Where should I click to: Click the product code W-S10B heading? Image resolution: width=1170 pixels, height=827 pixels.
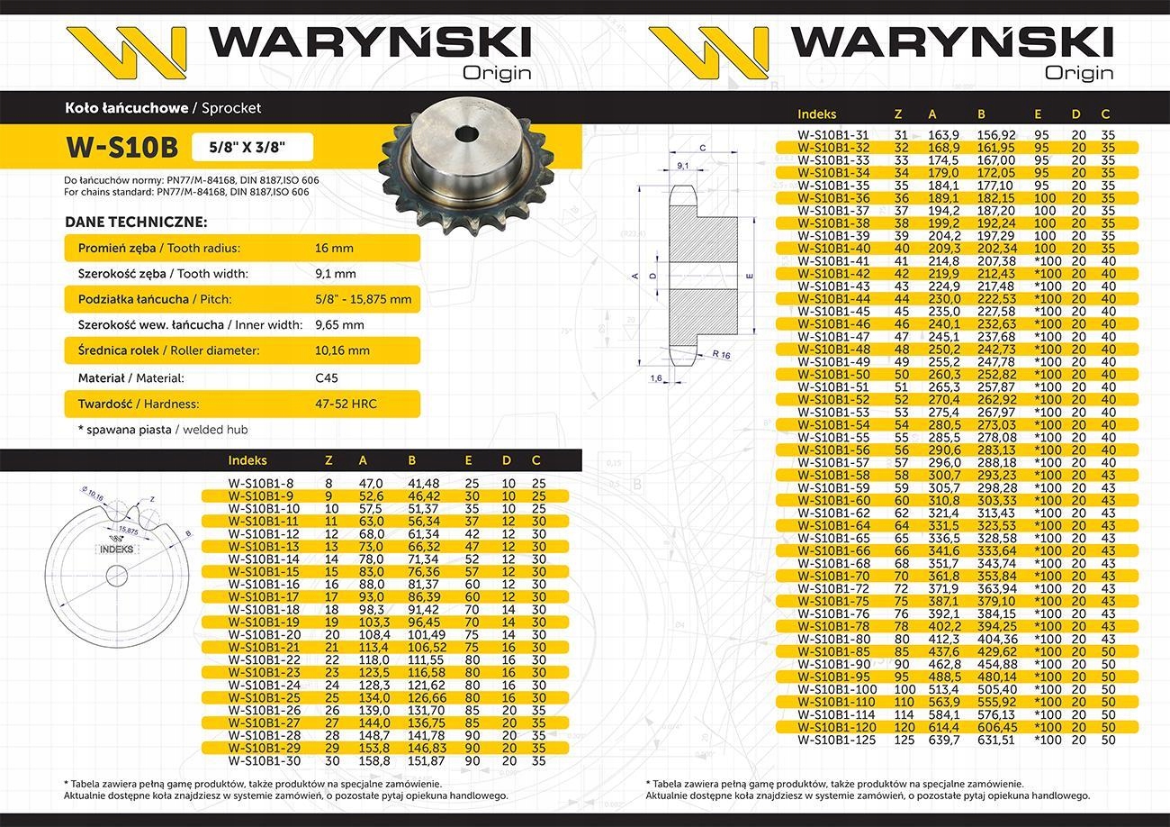tap(121, 147)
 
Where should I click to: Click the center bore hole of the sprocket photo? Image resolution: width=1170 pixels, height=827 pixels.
tap(467, 134)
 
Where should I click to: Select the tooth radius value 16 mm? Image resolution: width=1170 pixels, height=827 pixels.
tap(334, 248)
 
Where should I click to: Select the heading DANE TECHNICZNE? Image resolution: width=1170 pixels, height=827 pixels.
tap(136, 222)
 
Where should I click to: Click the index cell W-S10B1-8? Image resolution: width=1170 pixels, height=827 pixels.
tap(249, 484)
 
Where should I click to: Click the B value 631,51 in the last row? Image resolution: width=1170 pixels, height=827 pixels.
tap(996, 740)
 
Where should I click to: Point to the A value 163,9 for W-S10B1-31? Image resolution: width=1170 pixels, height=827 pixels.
tap(943, 134)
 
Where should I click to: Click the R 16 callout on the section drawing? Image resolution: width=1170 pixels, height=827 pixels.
tap(721, 355)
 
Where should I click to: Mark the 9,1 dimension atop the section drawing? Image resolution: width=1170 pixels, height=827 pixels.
tap(682, 166)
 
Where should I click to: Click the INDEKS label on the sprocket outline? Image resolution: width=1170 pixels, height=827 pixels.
tap(116, 549)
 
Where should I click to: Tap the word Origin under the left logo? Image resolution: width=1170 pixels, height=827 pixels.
tap(497, 73)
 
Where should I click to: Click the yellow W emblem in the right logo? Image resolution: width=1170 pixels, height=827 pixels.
tap(706, 52)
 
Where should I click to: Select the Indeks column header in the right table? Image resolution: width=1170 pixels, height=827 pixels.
tap(816, 114)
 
